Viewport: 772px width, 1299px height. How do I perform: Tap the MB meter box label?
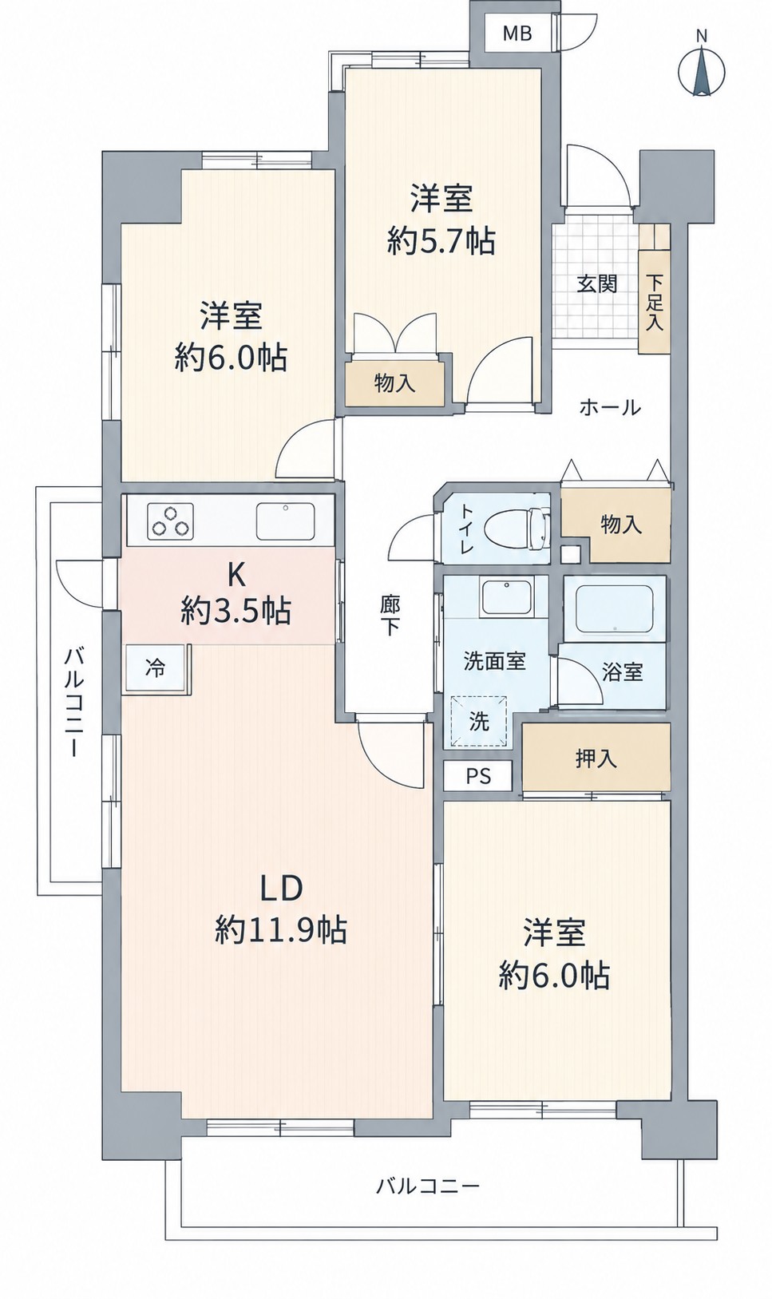(x=517, y=34)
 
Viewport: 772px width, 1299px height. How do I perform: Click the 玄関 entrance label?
(x=596, y=284)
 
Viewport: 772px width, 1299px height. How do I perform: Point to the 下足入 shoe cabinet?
(x=655, y=302)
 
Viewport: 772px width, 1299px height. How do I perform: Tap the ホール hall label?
(x=610, y=408)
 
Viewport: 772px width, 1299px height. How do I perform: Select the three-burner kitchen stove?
(x=171, y=520)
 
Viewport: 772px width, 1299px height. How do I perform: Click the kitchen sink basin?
(x=285, y=521)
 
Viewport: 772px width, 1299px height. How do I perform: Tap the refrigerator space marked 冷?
(x=155, y=668)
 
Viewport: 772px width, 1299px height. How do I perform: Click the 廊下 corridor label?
(x=390, y=616)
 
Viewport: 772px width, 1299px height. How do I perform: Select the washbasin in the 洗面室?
(x=506, y=597)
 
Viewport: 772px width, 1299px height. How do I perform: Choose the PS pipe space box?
(x=478, y=776)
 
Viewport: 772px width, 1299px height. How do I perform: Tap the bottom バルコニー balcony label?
(x=428, y=1170)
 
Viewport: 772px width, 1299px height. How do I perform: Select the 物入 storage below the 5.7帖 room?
(x=395, y=384)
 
